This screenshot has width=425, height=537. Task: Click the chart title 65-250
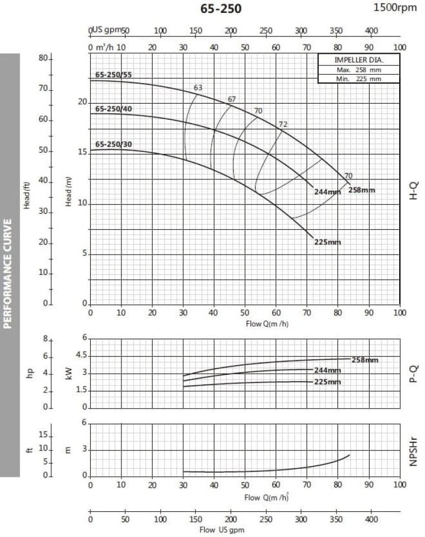click(220, 9)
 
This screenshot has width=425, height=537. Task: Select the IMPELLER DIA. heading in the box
click(359, 60)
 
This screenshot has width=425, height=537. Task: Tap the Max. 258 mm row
click(359, 70)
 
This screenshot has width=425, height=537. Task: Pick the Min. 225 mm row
click(359, 78)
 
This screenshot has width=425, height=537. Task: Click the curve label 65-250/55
click(113, 75)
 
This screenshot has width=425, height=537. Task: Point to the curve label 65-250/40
click(113, 109)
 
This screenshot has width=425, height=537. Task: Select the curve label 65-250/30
click(113, 144)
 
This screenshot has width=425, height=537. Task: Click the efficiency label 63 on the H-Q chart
click(198, 88)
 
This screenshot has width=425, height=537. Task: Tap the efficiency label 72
click(283, 125)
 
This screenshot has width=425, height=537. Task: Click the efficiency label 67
click(232, 99)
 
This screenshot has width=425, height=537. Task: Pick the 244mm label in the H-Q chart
click(327, 191)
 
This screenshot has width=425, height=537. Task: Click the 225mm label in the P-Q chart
click(327, 382)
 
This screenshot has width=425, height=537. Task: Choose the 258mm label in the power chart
click(365, 360)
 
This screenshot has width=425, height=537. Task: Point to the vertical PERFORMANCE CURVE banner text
click(10, 265)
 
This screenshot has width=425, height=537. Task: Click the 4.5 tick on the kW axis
click(81, 355)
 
